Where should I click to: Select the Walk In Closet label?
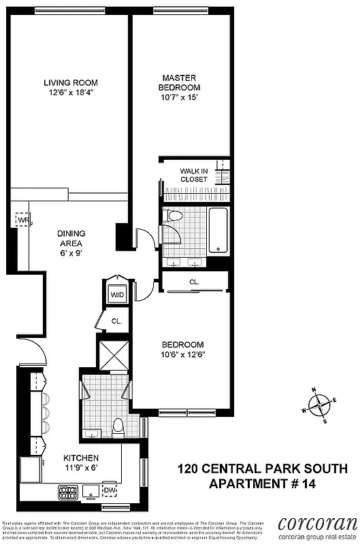[194, 175]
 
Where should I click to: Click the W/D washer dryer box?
[118, 296]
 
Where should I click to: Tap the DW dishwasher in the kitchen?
[109, 490]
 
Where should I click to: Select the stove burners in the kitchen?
[67, 490]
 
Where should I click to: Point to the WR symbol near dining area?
[23, 221]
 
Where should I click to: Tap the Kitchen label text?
[81, 458]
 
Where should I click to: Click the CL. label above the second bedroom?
[194, 282]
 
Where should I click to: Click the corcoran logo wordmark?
[317, 524]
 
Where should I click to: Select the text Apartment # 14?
[263, 484]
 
